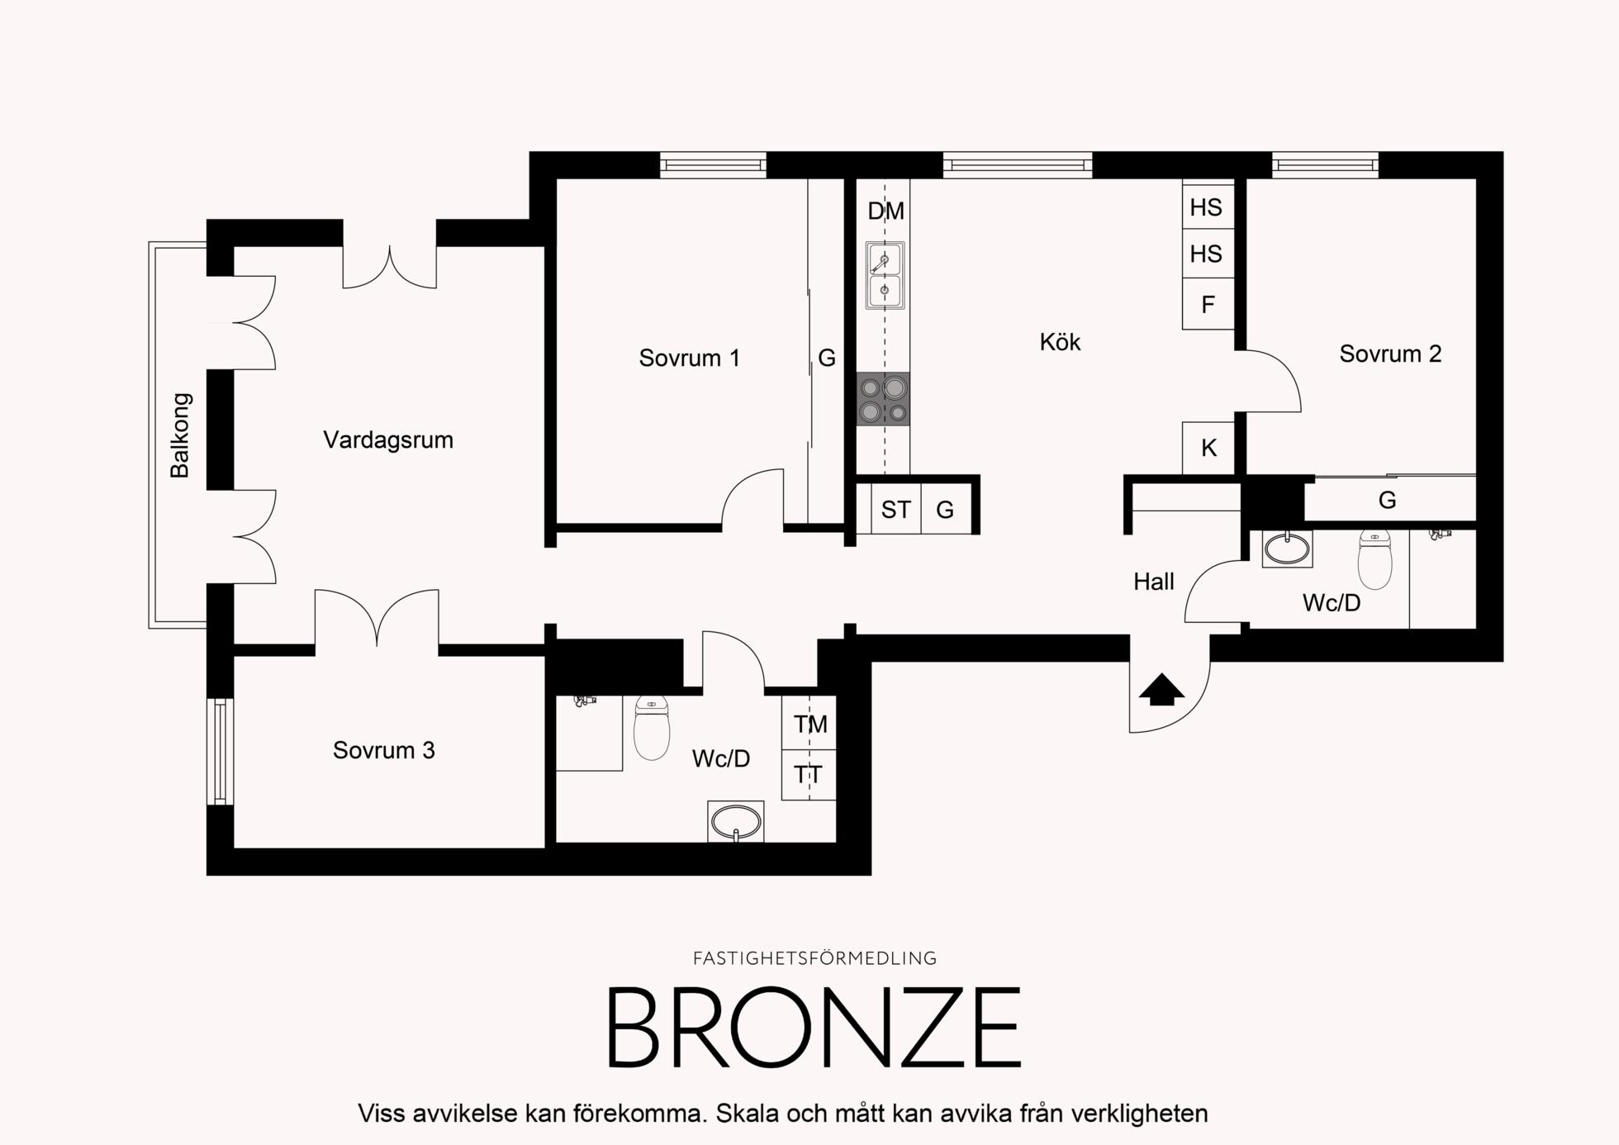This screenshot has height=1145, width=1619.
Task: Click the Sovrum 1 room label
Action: pyautogui.click(x=689, y=358)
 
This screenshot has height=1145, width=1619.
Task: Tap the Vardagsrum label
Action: pyautogui.click(x=388, y=439)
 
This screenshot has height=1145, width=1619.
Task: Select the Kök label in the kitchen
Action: pyautogui.click(x=1060, y=342)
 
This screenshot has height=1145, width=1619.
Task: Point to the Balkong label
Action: pyautogui.click(x=180, y=435)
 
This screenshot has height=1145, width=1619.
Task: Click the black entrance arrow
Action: pyautogui.click(x=1161, y=689)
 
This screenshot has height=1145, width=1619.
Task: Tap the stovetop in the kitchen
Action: pyautogui.click(x=883, y=399)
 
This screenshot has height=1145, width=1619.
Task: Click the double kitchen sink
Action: pyautogui.click(x=885, y=275)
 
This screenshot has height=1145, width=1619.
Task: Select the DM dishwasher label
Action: pyautogui.click(x=885, y=211)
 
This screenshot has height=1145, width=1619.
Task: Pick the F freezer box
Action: pyautogui.click(x=1208, y=304)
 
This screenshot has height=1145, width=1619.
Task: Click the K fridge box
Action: pyautogui.click(x=1208, y=448)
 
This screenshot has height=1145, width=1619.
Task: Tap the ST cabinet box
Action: pyautogui.click(x=896, y=509)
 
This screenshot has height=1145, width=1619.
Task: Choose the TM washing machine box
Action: pyautogui.click(x=809, y=724)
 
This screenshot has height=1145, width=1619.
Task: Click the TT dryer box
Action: pyautogui.click(x=809, y=775)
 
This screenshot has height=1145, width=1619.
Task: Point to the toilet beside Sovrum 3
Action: pyautogui.click(x=652, y=727)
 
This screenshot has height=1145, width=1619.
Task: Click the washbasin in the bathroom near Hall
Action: pyautogui.click(x=1287, y=549)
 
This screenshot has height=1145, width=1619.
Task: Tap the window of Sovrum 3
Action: pyautogui.click(x=220, y=751)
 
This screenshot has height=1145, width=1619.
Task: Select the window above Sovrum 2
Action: pyautogui.click(x=1325, y=165)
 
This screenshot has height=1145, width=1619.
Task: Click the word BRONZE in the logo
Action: pyautogui.click(x=814, y=1028)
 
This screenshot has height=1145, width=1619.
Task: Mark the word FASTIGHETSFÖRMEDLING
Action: pyautogui.click(x=814, y=958)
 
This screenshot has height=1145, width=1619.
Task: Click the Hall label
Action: pyautogui.click(x=1154, y=582)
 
